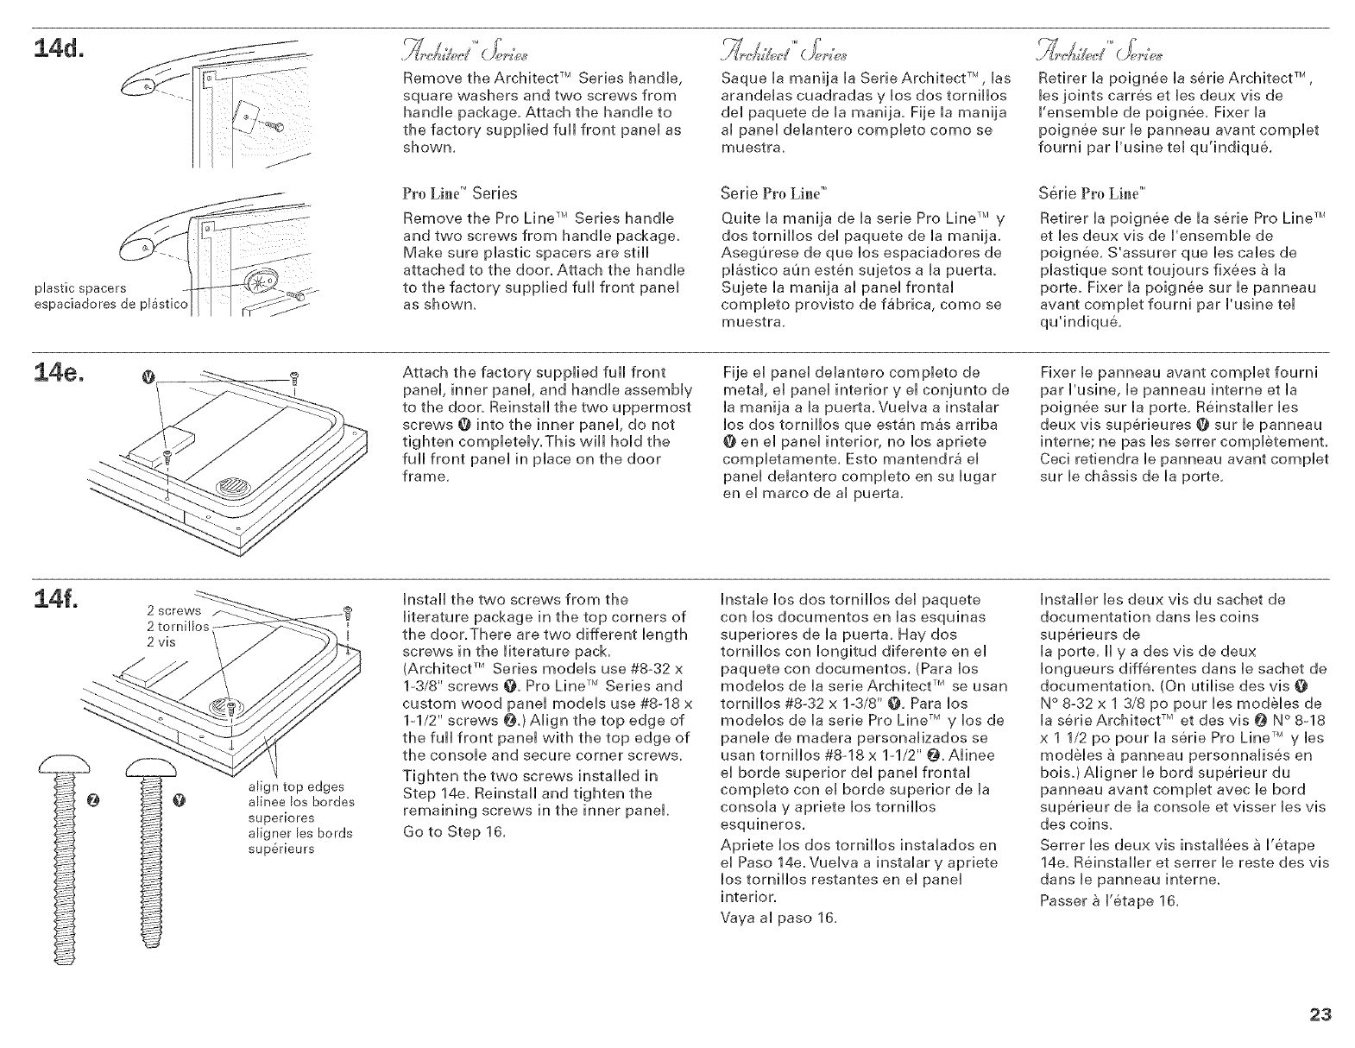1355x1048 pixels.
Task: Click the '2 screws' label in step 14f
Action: (173, 610)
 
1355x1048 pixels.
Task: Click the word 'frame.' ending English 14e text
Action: (425, 477)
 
